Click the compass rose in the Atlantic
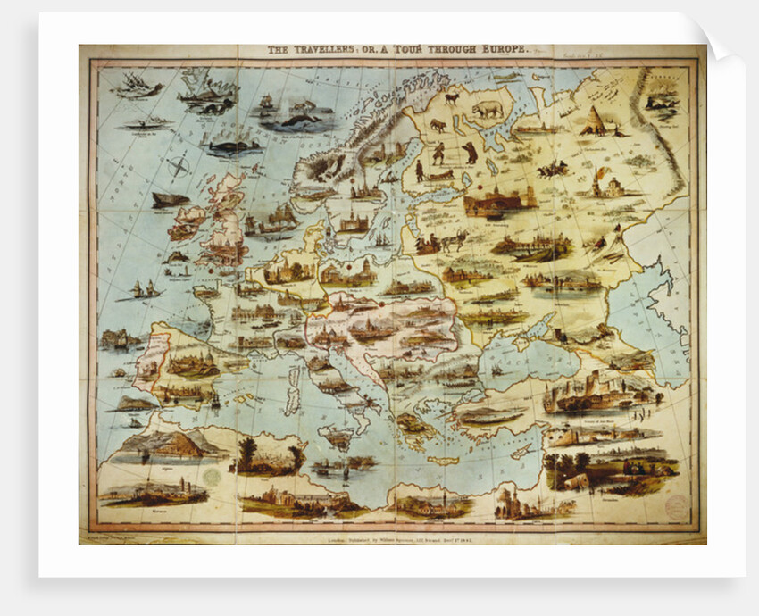pos(179,166)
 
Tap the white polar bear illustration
pos(488,109)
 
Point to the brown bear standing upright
pos(470,153)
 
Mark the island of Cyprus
pos(522,453)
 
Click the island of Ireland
pos(188,221)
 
